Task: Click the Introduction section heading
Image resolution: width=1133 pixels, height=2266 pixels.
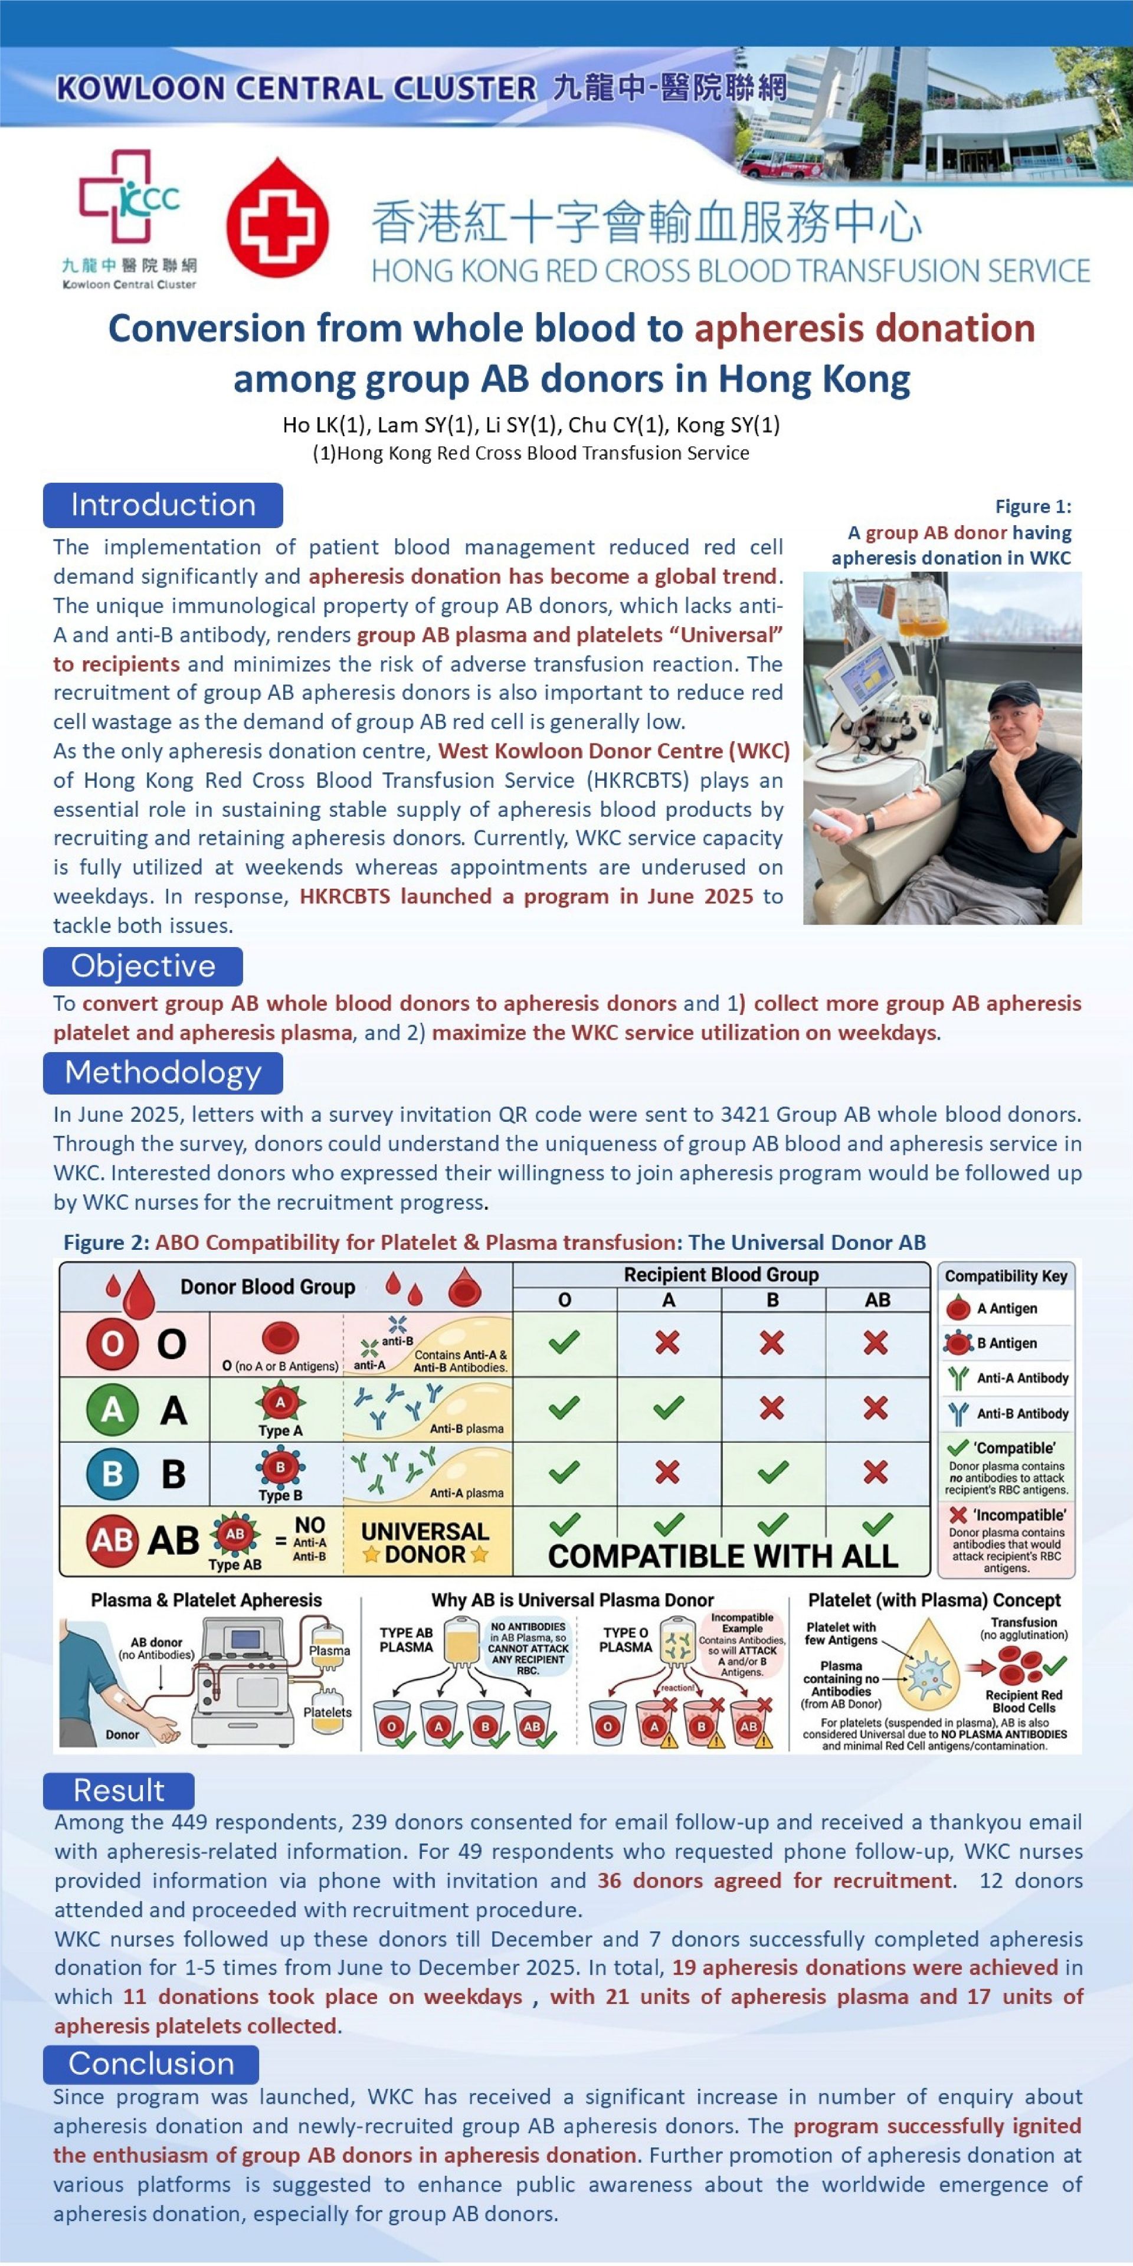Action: click(163, 505)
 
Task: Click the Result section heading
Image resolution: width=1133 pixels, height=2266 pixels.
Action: click(119, 1790)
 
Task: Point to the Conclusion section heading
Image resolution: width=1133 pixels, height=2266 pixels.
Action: click(150, 2064)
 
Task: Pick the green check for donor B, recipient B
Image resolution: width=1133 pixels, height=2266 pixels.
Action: click(771, 1471)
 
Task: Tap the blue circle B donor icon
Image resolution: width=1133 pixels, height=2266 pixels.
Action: click(113, 1473)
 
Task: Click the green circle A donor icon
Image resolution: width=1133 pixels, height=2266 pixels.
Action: click(113, 1409)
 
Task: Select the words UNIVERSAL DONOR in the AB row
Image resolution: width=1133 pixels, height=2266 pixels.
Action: click(425, 1542)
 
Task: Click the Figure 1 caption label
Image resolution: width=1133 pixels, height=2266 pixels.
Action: click(1033, 507)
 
